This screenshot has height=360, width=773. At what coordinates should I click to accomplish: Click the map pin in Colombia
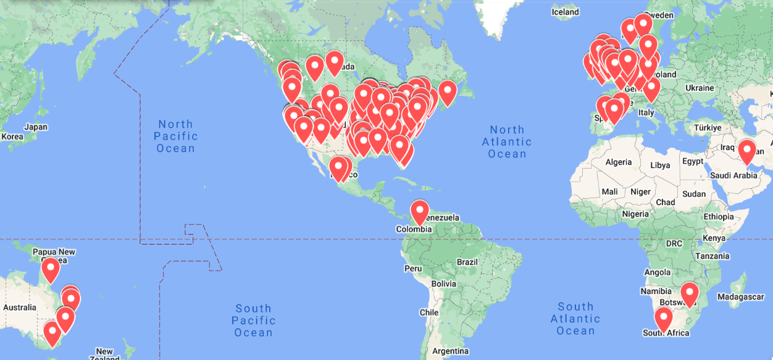coord(420,212)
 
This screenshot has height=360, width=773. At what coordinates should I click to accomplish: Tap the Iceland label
coord(565,12)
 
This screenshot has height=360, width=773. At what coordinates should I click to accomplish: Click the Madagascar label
coord(740,297)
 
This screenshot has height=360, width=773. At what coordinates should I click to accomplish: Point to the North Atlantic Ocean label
coord(507,141)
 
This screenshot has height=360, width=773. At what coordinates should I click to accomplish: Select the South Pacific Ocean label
coord(253,320)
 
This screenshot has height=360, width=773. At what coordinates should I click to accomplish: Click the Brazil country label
coord(467,262)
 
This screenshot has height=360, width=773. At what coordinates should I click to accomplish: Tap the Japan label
coord(36,127)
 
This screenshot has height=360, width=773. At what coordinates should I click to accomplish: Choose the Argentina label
coord(450,351)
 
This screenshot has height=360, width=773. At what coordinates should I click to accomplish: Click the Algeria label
coord(618,162)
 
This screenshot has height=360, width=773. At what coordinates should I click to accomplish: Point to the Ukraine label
coord(700,88)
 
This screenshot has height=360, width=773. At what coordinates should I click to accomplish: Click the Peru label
coord(413,269)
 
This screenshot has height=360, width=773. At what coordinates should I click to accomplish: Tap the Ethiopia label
coord(719,217)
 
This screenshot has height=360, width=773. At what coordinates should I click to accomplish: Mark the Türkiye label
coord(707,128)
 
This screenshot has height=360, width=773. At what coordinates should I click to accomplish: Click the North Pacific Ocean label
coord(176,136)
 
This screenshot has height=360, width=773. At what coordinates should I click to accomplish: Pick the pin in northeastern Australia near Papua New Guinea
coord(51,270)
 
